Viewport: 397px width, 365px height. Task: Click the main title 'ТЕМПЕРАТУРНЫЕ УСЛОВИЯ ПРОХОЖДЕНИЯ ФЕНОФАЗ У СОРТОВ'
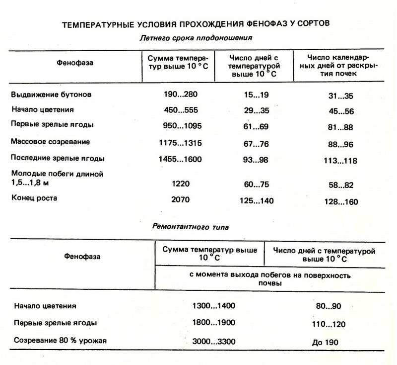[196, 23]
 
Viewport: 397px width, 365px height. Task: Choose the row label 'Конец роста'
[34, 198]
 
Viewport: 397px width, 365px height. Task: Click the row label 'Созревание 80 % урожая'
[61, 341]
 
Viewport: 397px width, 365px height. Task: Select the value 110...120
[329, 324]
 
